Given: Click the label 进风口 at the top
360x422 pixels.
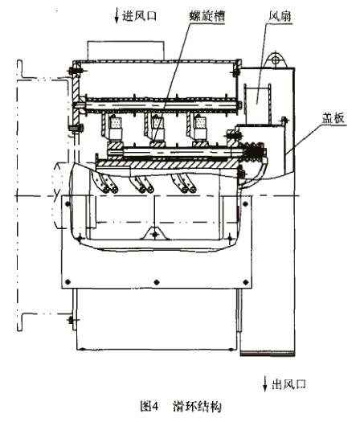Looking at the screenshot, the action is tap(139, 15).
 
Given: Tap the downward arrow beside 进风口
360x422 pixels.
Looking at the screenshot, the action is tap(117, 15).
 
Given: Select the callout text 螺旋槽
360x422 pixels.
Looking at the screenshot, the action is tap(207, 16).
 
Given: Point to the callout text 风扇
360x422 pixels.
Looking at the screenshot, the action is tap(280, 16).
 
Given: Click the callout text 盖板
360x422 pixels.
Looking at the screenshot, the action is tap(333, 118).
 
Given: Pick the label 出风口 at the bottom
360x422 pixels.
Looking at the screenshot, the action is tap(289, 384).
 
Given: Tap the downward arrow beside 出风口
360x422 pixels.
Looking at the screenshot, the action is tap(265, 384).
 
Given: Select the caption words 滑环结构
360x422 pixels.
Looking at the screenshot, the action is tap(197, 406).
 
